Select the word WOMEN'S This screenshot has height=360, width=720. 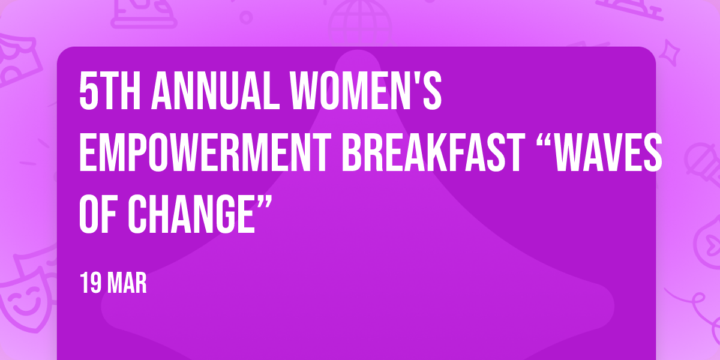(365, 91)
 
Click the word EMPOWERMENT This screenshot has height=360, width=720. (205, 152)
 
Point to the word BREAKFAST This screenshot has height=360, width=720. (433, 152)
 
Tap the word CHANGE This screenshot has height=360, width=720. (191, 214)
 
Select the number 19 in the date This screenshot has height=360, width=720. (91, 283)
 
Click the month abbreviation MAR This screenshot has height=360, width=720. (127, 283)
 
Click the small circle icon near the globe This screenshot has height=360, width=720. (246, 17)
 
